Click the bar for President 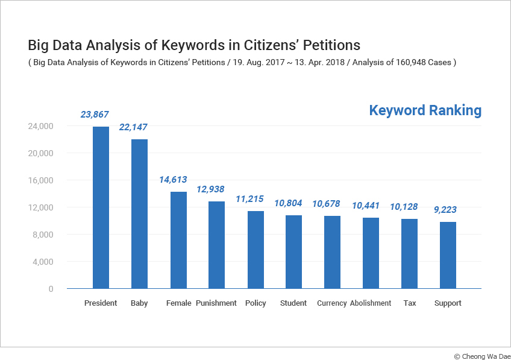tap(101, 207)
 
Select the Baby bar tap(139, 214)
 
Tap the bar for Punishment tap(216, 245)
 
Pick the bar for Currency tap(332, 252)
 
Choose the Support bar tap(448, 255)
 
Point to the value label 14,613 tap(173, 180)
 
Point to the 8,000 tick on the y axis tap(43, 235)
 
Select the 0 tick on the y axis tap(51, 289)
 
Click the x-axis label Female tap(178, 303)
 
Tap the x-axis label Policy tap(255, 303)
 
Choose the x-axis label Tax tap(410, 303)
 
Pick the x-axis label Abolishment tap(371, 303)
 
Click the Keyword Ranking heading tap(425, 110)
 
